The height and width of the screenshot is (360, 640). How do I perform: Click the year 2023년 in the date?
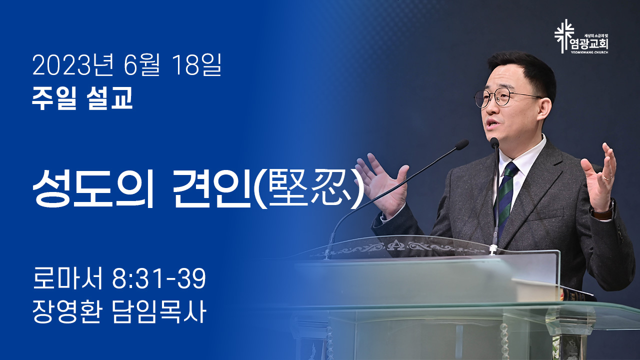click(72, 65)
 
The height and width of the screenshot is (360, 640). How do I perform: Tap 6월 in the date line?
click(141, 65)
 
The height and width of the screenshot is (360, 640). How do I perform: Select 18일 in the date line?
click(196, 65)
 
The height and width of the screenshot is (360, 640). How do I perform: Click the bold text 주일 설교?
click(82, 98)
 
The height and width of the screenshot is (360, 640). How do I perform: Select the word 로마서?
click(67, 278)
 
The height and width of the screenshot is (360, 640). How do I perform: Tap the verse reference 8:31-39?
click(159, 278)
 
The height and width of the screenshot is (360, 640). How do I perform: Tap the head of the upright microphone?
click(494, 143)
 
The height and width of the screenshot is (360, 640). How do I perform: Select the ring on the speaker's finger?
click(607, 177)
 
